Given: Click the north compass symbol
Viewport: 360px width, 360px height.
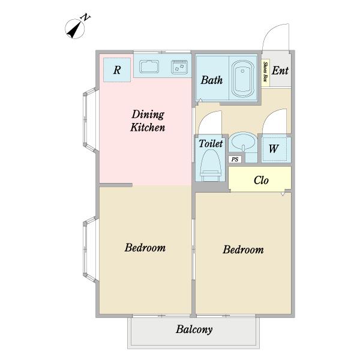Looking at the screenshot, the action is tap(75, 29).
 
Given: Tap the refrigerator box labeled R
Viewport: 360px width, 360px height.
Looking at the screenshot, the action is tap(117, 70).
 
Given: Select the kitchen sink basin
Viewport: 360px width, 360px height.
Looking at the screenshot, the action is tap(149, 67).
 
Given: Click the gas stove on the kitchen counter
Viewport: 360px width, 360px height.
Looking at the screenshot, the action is tap(179, 67).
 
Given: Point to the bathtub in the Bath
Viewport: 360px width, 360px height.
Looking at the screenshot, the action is tap(242, 79).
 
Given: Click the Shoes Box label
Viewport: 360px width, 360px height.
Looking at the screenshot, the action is tap(266, 71).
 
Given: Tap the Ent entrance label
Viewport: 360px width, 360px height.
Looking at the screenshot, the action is tap(280, 70).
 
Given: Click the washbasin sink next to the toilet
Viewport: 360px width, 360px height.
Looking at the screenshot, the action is tap(243, 142).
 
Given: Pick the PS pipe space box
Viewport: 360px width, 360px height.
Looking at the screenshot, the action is tap(235, 160).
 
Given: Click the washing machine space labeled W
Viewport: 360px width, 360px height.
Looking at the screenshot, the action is tap(274, 149).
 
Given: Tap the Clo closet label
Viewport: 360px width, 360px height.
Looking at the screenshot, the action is tap(261, 180).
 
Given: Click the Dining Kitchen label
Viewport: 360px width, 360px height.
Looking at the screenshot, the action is tap(148, 121).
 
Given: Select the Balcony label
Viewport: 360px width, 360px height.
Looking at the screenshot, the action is tap(194, 329).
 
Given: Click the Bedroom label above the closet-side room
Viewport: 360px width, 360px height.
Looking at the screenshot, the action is tap(243, 250).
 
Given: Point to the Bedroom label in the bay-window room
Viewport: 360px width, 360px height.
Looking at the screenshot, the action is tap(145, 247).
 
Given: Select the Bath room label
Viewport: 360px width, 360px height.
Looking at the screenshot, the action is tap(212, 80).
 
